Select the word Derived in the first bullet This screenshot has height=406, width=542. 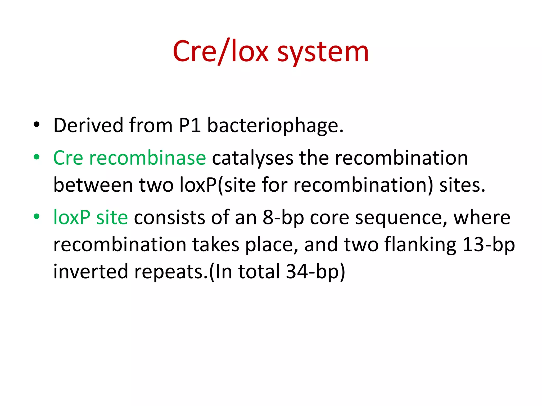(88, 125)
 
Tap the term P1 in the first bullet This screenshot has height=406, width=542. (189, 125)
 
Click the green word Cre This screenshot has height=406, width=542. (68, 158)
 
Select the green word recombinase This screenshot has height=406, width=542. (147, 158)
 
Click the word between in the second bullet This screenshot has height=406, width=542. (93, 185)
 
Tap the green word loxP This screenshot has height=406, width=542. (72, 218)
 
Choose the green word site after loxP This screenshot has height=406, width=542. (112, 218)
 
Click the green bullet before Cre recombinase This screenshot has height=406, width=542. (37, 157)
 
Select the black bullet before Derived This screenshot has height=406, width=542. (37, 124)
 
